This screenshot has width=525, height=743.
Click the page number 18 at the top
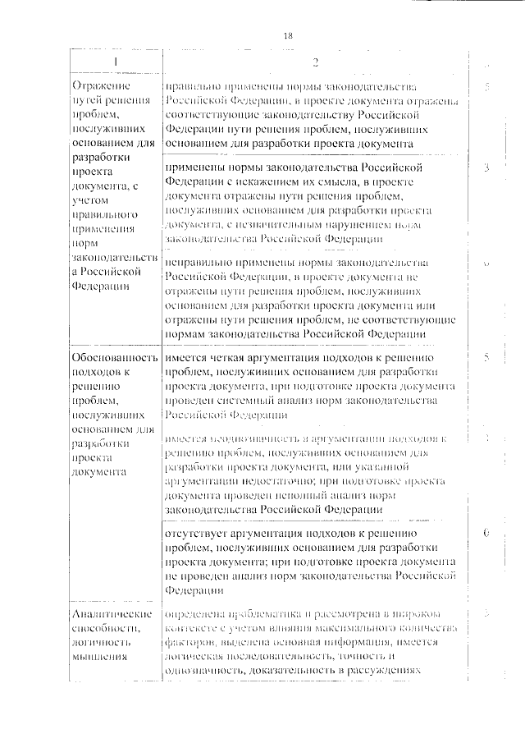point(287,35)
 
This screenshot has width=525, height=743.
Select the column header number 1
point(113,63)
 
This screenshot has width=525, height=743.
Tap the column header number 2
point(313,64)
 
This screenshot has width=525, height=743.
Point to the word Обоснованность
point(114,358)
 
